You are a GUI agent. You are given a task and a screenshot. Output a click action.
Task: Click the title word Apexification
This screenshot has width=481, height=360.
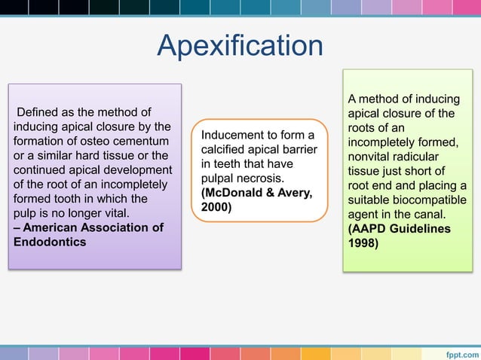[240, 46]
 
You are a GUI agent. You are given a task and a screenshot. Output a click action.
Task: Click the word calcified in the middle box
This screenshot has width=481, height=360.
[226, 150]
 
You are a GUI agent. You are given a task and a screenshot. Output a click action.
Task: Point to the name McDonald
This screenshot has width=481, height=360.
[233, 193]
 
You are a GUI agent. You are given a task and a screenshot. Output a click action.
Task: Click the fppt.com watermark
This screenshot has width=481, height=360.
[460, 352]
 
